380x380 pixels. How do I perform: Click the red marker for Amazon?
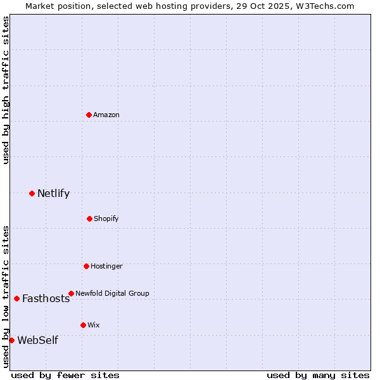[89, 115]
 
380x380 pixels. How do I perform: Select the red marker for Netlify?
[32, 193]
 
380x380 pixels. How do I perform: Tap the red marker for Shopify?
[89, 218]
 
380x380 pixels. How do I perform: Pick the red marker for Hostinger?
[86, 266]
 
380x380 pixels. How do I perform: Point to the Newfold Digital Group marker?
[71, 293]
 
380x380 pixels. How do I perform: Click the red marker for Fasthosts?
[16, 298]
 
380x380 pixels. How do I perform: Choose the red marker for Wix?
[83, 325]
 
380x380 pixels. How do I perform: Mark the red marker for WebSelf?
[11, 340]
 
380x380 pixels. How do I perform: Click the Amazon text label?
[106, 115]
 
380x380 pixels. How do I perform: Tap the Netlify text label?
[53, 194]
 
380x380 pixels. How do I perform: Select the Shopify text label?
[106, 218]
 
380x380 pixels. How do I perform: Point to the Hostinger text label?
[106, 266]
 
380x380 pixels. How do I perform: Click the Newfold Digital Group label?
[112, 293]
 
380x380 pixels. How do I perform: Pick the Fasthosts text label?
[46, 299]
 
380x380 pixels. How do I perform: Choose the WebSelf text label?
[37, 341]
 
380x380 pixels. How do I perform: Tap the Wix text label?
[94, 325]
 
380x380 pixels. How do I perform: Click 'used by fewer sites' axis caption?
[65, 375]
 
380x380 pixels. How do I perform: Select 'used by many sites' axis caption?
[318, 375]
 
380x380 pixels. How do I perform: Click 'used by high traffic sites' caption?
[6, 90]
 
